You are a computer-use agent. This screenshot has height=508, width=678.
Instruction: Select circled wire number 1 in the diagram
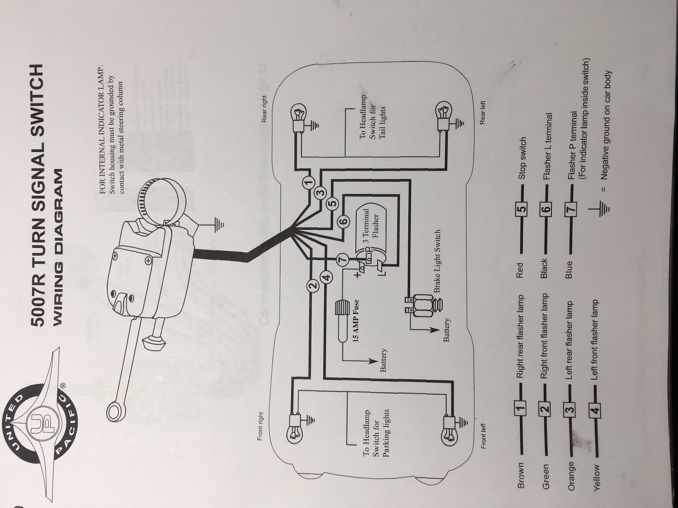coord(308,182)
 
